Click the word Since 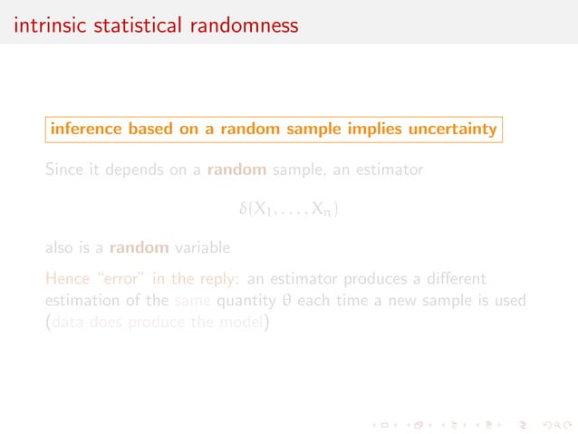64,169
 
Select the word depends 138,169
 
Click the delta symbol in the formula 242,209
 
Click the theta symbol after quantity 284,300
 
